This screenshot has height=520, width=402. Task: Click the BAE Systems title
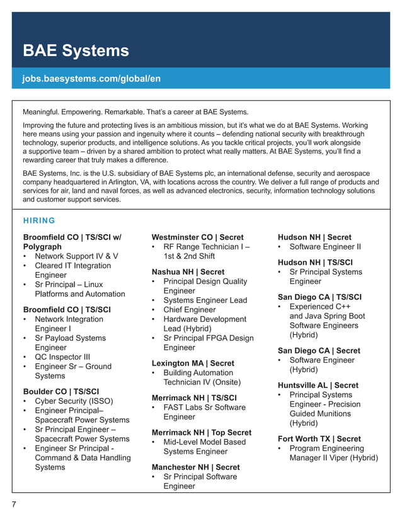click(76, 50)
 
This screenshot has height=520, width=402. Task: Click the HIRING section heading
click(39, 220)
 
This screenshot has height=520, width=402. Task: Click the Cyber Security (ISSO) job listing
click(74, 401)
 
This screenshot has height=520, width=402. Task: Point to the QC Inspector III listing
click(62, 357)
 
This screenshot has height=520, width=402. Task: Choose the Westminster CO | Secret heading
click(197, 237)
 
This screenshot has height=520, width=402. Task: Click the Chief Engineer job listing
click(189, 310)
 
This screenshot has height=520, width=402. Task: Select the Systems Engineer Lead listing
click(205, 300)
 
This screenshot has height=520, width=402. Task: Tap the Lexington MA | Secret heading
click(192, 363)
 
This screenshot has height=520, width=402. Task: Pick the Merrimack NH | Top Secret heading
click(201, 432)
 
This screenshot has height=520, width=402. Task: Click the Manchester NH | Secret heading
click(195, 467)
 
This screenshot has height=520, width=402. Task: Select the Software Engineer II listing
click(325, 247)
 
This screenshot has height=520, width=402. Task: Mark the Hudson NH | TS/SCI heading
click(315, 263)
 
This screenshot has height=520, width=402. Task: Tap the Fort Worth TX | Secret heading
click(319, 439)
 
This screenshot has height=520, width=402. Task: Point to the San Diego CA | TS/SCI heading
click(319, 297)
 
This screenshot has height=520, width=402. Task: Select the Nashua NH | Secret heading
click(188, 272)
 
